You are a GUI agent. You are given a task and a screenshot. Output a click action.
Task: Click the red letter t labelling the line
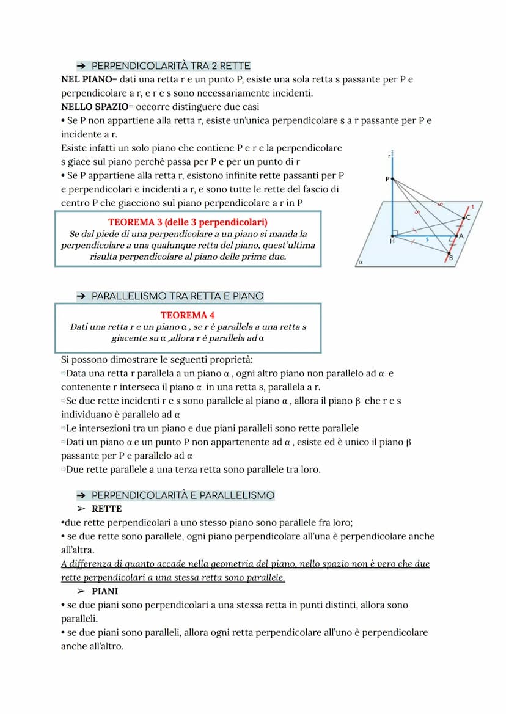pyautogui.click(x=472, y=207)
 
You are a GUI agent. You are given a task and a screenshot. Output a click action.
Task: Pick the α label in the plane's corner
pyautogui.click(x=361, y=261)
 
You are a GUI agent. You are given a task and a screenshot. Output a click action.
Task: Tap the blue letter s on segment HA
pyautogui.click(x=427, y=239)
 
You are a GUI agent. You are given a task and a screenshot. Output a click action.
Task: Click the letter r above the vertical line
pyautogui.click(x=389, y=157)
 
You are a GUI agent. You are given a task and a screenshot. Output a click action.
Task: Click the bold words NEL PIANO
pyautogui.click(x=86, y=80)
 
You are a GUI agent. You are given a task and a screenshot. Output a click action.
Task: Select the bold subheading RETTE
pyautogui.click(x=107, y=509)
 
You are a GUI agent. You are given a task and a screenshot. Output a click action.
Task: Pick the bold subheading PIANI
pyautogui.click(x=105, y=591)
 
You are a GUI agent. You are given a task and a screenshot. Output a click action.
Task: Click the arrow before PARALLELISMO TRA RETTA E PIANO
pyautogui.click(x=80, y=296)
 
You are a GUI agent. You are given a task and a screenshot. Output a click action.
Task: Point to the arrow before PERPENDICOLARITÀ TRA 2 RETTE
pyautogui.click(x=80, y=66)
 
